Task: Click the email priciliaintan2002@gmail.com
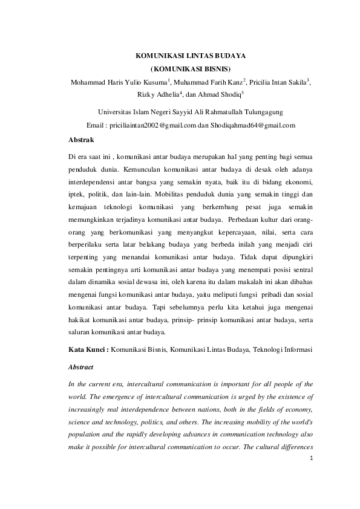click(x=154, y=126)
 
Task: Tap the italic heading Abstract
click(x=82, y=366)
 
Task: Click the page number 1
click(x=311, y=475)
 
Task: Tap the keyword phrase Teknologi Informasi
click(x=287, y=350)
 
